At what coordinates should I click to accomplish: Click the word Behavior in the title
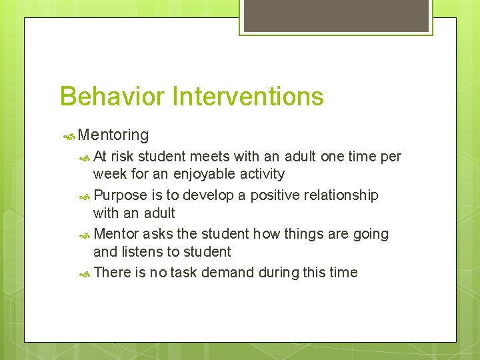point(113,97)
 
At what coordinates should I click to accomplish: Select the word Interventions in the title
point(248,97)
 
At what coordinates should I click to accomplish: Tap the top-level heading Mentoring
point(113,135)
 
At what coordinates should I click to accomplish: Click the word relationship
point(341,195)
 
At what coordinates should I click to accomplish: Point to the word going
point(370,234)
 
